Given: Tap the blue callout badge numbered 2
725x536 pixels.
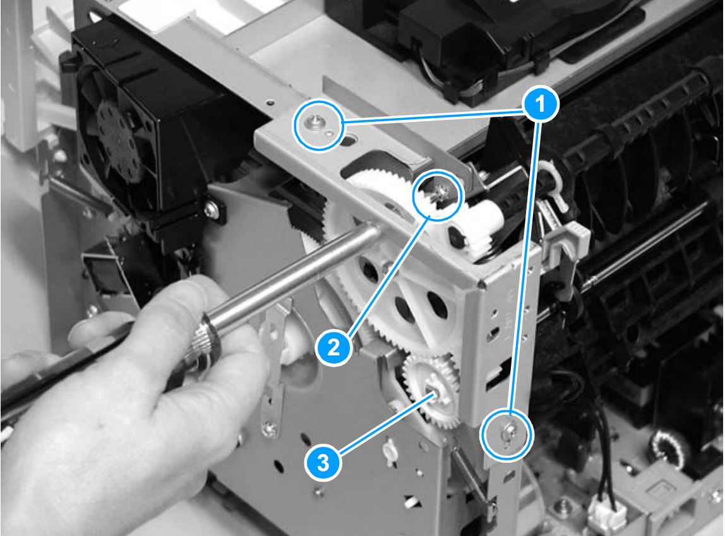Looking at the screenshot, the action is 334,347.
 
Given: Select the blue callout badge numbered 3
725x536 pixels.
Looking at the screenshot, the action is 323,463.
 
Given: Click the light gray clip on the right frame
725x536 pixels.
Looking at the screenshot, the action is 567,238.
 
